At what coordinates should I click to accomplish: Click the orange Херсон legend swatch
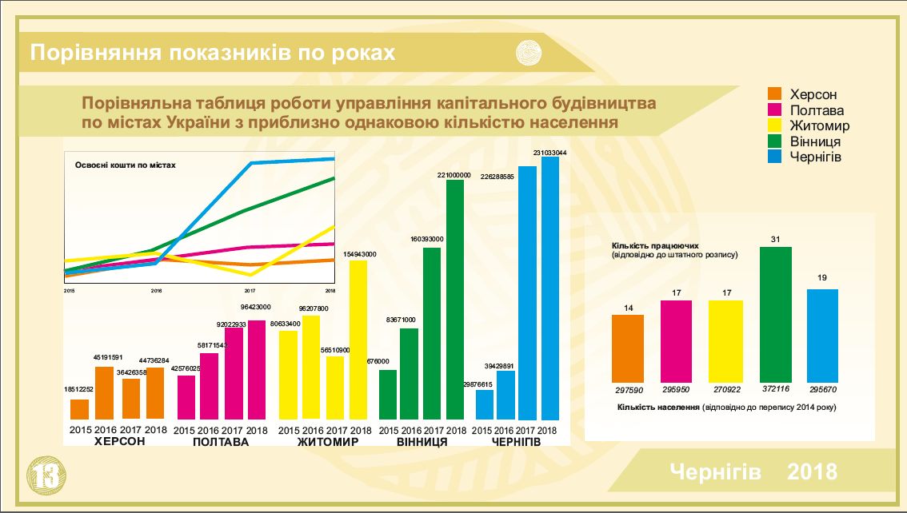[x=774, y=95]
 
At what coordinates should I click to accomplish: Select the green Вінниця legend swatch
[x=774, y=141]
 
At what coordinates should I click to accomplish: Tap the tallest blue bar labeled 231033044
[x=550, y=288]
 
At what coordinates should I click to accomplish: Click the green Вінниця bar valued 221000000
[x=455, y=300]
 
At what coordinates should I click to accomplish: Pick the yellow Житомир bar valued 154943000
[x=359, y=340]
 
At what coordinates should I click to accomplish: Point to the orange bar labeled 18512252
[x=79, y=409]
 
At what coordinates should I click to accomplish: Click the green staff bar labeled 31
[x=775, y=315]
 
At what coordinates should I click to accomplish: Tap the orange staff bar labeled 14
[x=628, y=348]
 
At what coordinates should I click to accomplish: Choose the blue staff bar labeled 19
[x=822, y=336]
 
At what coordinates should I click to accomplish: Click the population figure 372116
[x=774, y=388]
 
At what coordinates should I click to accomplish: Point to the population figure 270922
[x=725, y=388]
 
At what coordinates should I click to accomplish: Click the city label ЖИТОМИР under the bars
[x=328, y=442]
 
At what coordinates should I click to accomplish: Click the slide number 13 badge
[x=44, y=475]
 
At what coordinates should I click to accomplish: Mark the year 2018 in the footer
[x=813, y=471]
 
